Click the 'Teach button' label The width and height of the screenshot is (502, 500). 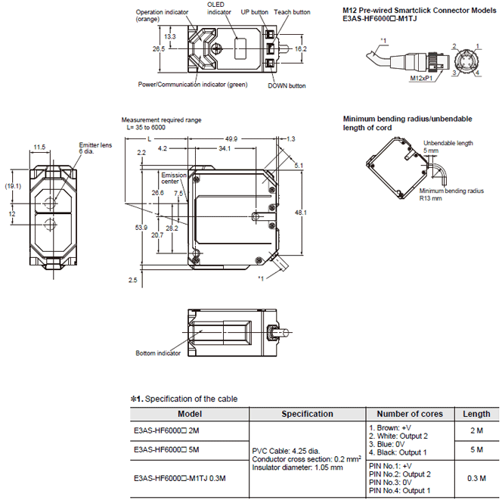click(292, 12)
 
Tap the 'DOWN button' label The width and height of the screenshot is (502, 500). click(287, 85)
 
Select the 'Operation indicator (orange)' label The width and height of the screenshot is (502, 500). click(160, 17)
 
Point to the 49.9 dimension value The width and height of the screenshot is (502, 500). click(231, 139)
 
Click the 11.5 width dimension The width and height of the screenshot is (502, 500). click(40, 147)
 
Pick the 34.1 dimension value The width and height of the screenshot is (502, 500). click(225, 149)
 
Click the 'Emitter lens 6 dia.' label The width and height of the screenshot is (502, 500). click(93, 148)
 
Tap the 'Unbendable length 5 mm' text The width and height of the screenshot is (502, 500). click(448, 146)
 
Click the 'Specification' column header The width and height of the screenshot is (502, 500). click(307, 414)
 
